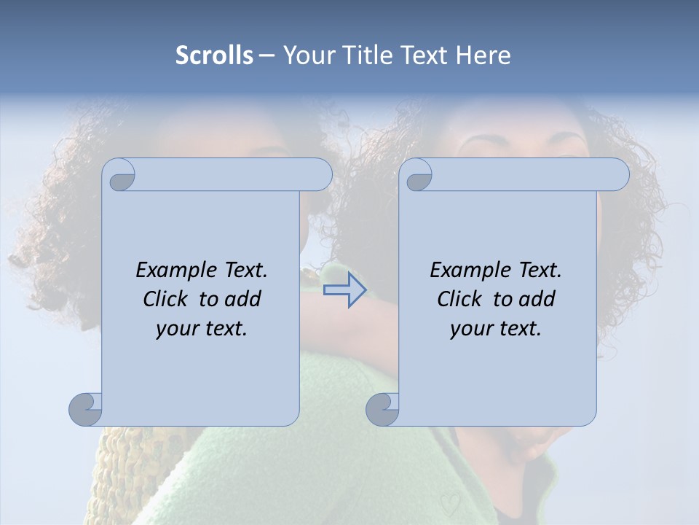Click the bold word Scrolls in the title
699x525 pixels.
click(214, 55)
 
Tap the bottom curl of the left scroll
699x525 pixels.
click(86, 408)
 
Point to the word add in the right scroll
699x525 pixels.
click(539, 299)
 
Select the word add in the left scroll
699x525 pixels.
click(245, 299)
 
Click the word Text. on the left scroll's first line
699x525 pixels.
click(243, 271)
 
